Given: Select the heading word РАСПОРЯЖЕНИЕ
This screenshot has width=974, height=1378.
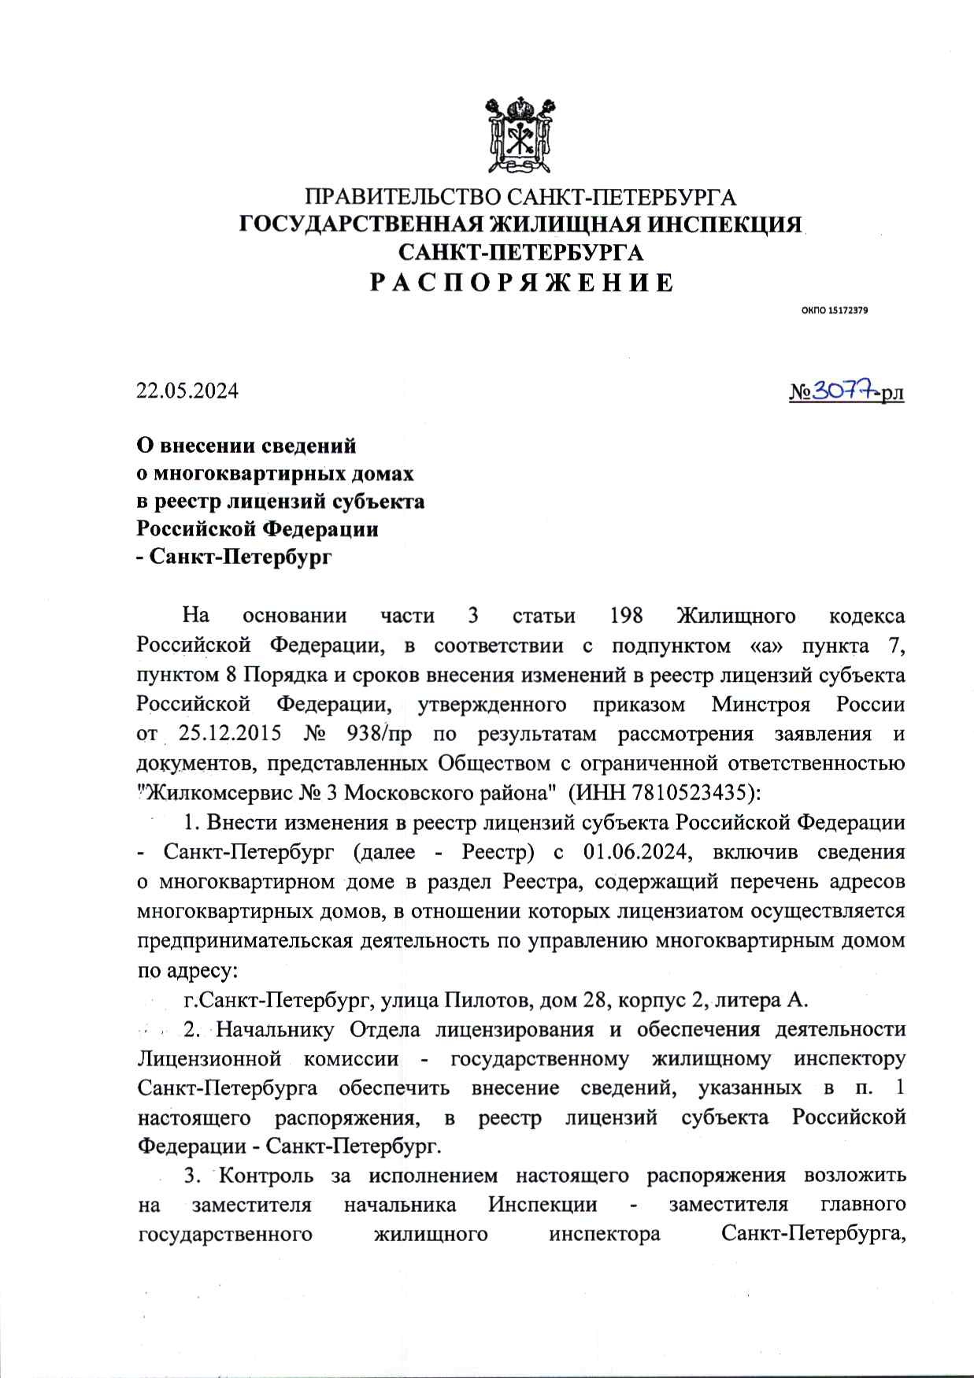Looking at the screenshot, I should [x=522, y=282].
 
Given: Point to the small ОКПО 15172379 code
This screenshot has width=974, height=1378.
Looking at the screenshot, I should [x=835, y=310].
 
